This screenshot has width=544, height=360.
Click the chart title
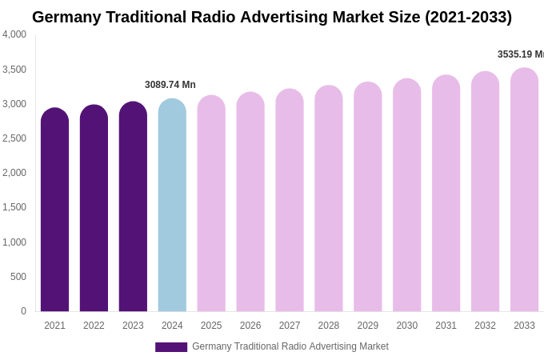click(x=272, y=17)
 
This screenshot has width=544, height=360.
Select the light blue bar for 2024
click(x=172, y=206)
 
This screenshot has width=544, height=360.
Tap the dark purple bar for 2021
click(x=54, y=210)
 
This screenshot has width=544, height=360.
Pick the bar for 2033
click(x=524, y=190)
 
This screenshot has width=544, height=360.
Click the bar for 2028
click(x=328, y=198)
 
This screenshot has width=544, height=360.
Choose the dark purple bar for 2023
click(x=133, y=206)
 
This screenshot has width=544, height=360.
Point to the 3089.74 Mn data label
click(x=170, y=85)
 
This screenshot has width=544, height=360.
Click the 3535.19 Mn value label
click(x=521, y=54)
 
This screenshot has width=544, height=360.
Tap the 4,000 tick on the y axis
click(x=14, y=34)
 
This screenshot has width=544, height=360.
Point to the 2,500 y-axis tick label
click(x=14, y=138)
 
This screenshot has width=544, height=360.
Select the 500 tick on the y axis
click(x=18, y=277)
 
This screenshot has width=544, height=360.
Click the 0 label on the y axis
click(x=23, y=311)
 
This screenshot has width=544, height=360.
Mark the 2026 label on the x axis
click(x=250, y=326)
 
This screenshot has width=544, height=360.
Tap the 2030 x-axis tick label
click(x=406, y=326)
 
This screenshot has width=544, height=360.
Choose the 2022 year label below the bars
click(x=94, y=326)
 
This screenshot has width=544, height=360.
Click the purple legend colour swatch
click(x=171, y=347)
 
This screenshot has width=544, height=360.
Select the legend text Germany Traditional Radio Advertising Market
click(x=290, y=346)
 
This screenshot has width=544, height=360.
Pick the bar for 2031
click(x=446, y=194)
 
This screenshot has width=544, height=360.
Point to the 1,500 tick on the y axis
click(x=14, y=207)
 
